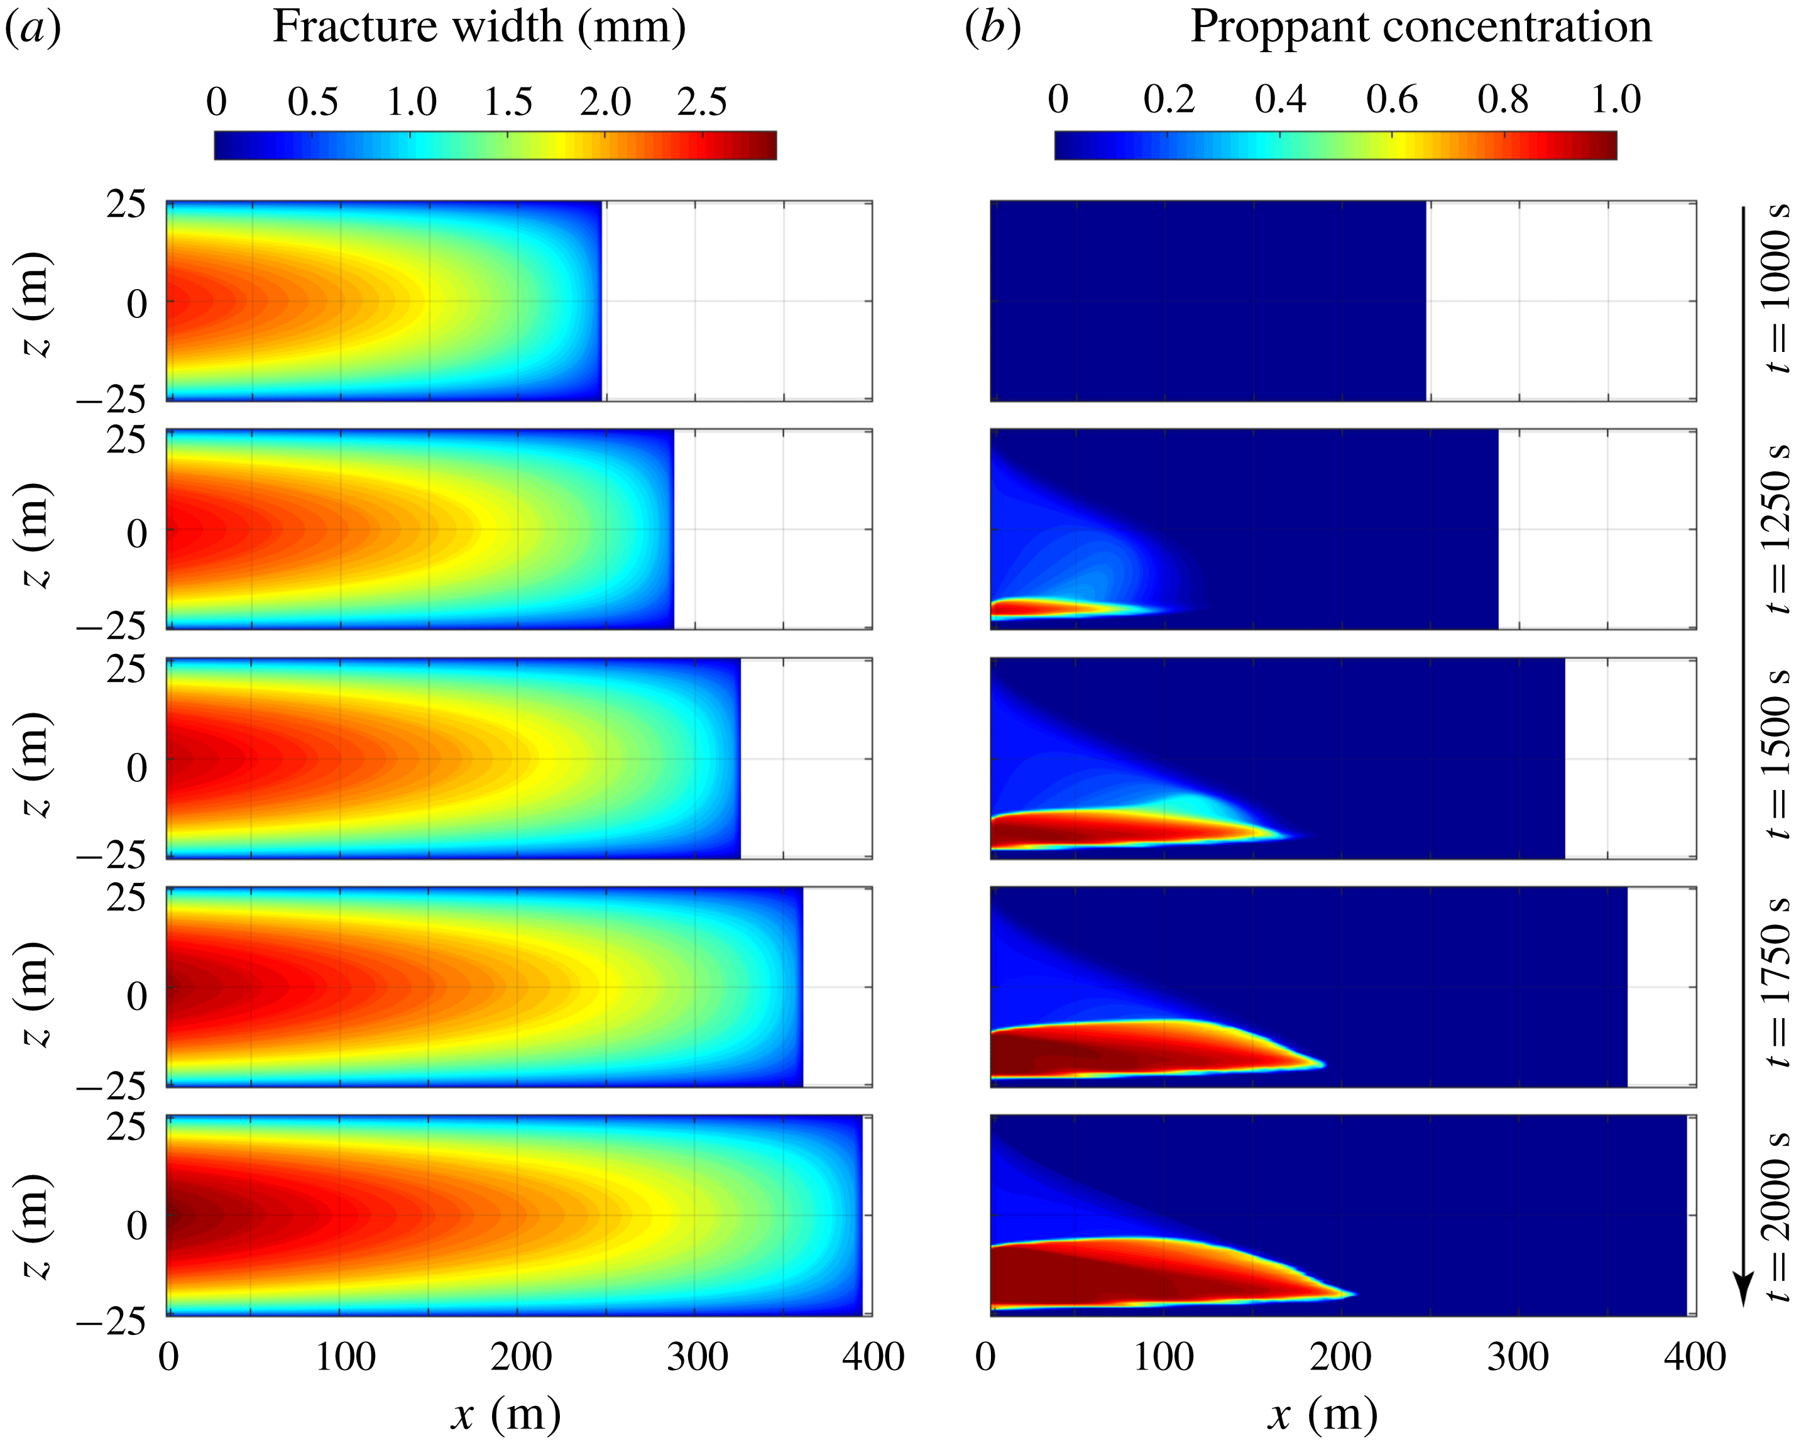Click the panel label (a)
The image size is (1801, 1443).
click(33, 27)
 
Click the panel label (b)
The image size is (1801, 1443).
click(992, 27)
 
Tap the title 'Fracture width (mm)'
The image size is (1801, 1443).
click(479, 27)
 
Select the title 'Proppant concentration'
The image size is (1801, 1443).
click(1420, 27)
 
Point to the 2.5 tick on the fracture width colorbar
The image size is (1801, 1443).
click(702, 102)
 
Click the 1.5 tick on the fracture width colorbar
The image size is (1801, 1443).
click(508, 102)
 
